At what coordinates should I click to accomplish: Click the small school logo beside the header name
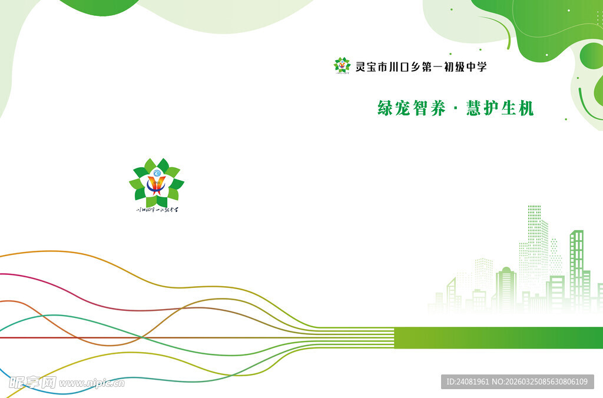342,65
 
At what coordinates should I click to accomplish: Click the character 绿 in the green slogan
386,108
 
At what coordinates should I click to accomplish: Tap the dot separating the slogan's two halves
456,110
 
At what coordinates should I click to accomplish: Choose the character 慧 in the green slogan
475,108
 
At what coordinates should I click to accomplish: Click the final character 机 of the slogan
525,108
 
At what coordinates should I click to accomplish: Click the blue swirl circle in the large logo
156,173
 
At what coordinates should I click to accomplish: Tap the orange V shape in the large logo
156,185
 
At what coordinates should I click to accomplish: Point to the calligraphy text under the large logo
157,209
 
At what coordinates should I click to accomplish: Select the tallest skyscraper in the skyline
535,247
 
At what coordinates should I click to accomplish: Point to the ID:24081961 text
468,382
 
